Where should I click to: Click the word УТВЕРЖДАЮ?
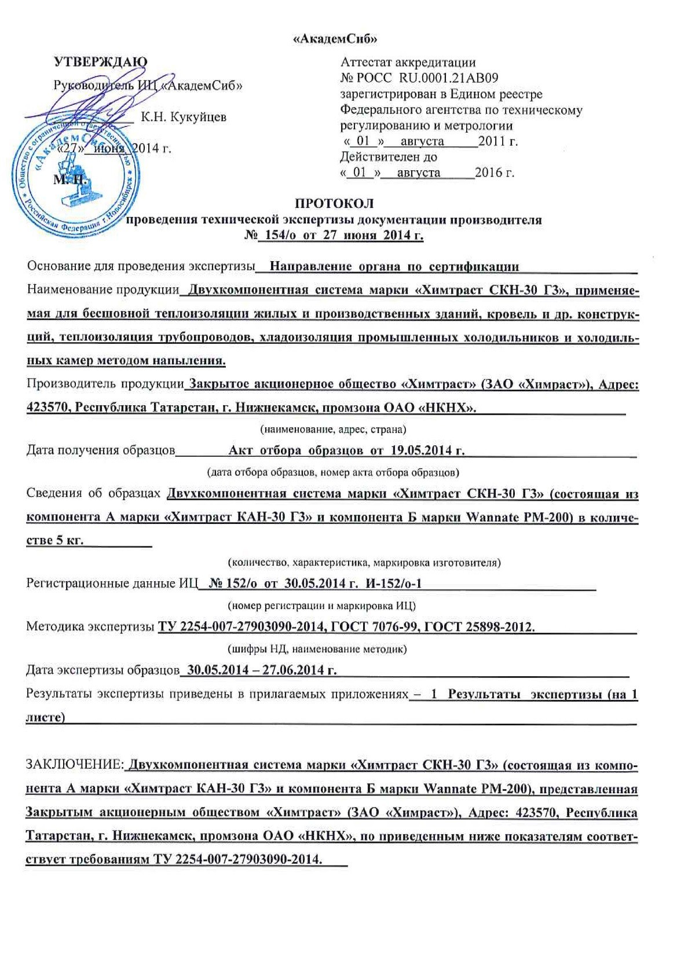pos(100,62)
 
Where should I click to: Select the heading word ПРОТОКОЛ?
pos(334,204)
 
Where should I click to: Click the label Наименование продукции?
pos(103,290)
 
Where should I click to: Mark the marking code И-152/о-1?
pos(394,584)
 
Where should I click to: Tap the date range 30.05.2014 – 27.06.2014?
pos(258,670)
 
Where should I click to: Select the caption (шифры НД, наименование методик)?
pos(316,649)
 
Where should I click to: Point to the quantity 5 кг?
pos(69,540)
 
